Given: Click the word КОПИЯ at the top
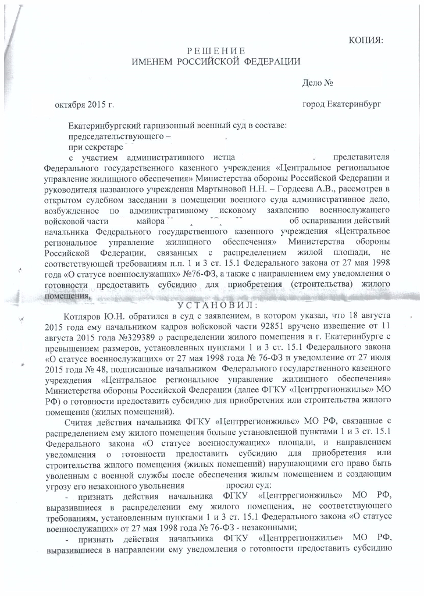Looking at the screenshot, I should pos(365,40).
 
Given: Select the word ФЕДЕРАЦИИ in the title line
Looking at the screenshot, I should pos(272,62).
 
